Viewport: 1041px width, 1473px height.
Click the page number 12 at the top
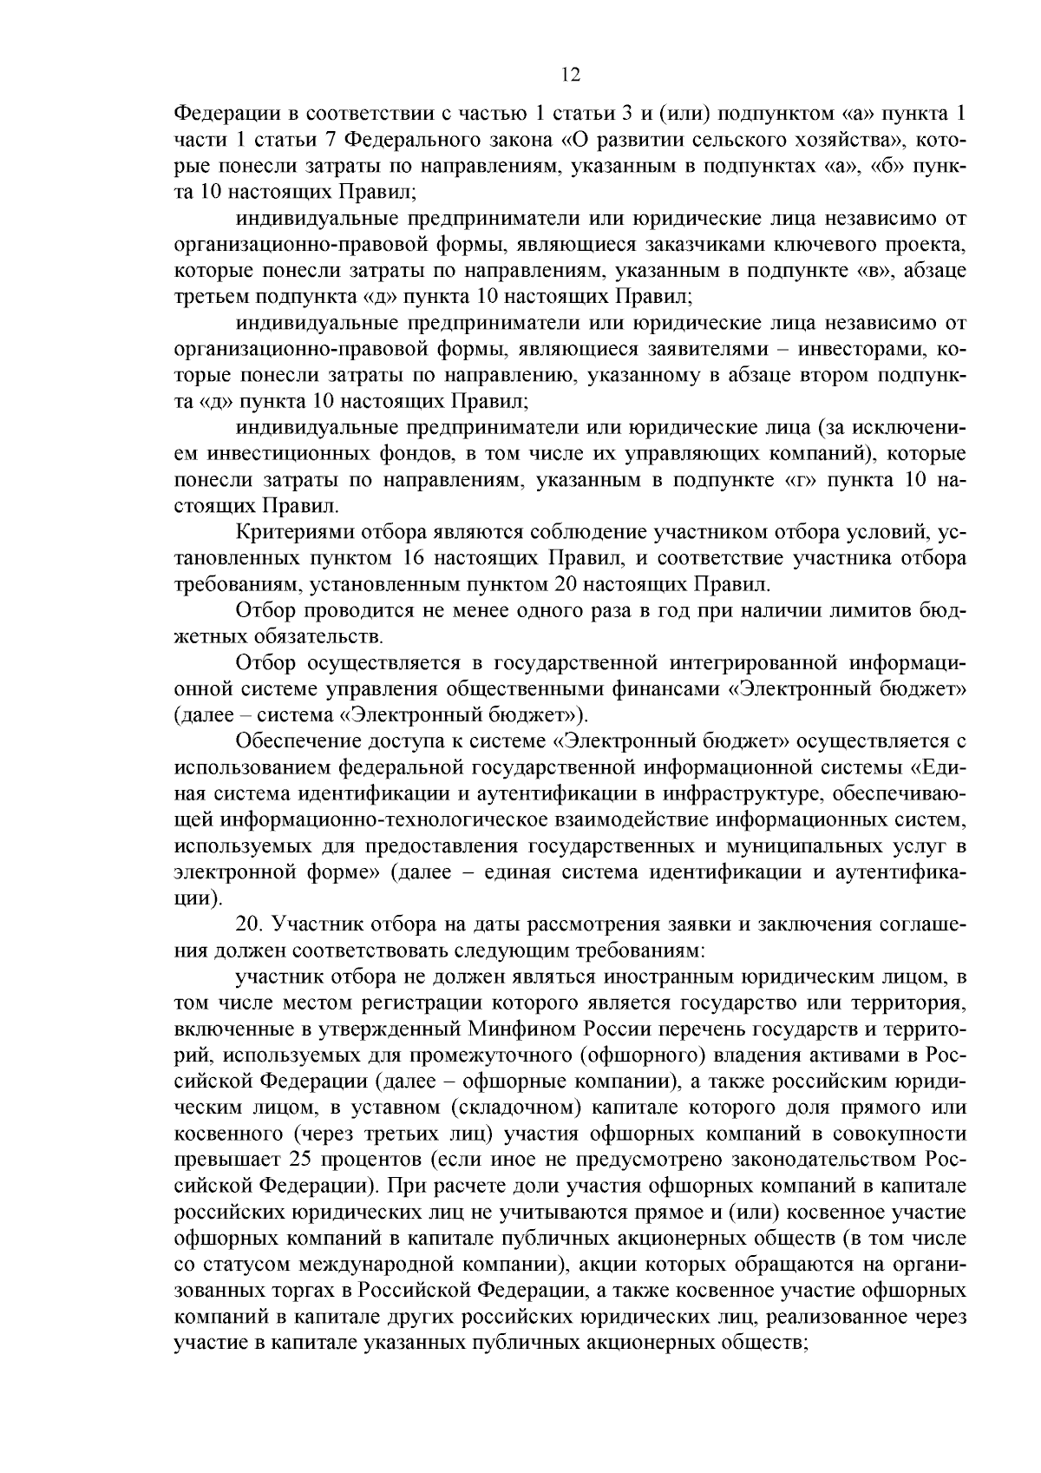point(570,75)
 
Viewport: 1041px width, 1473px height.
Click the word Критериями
point(286,531)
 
